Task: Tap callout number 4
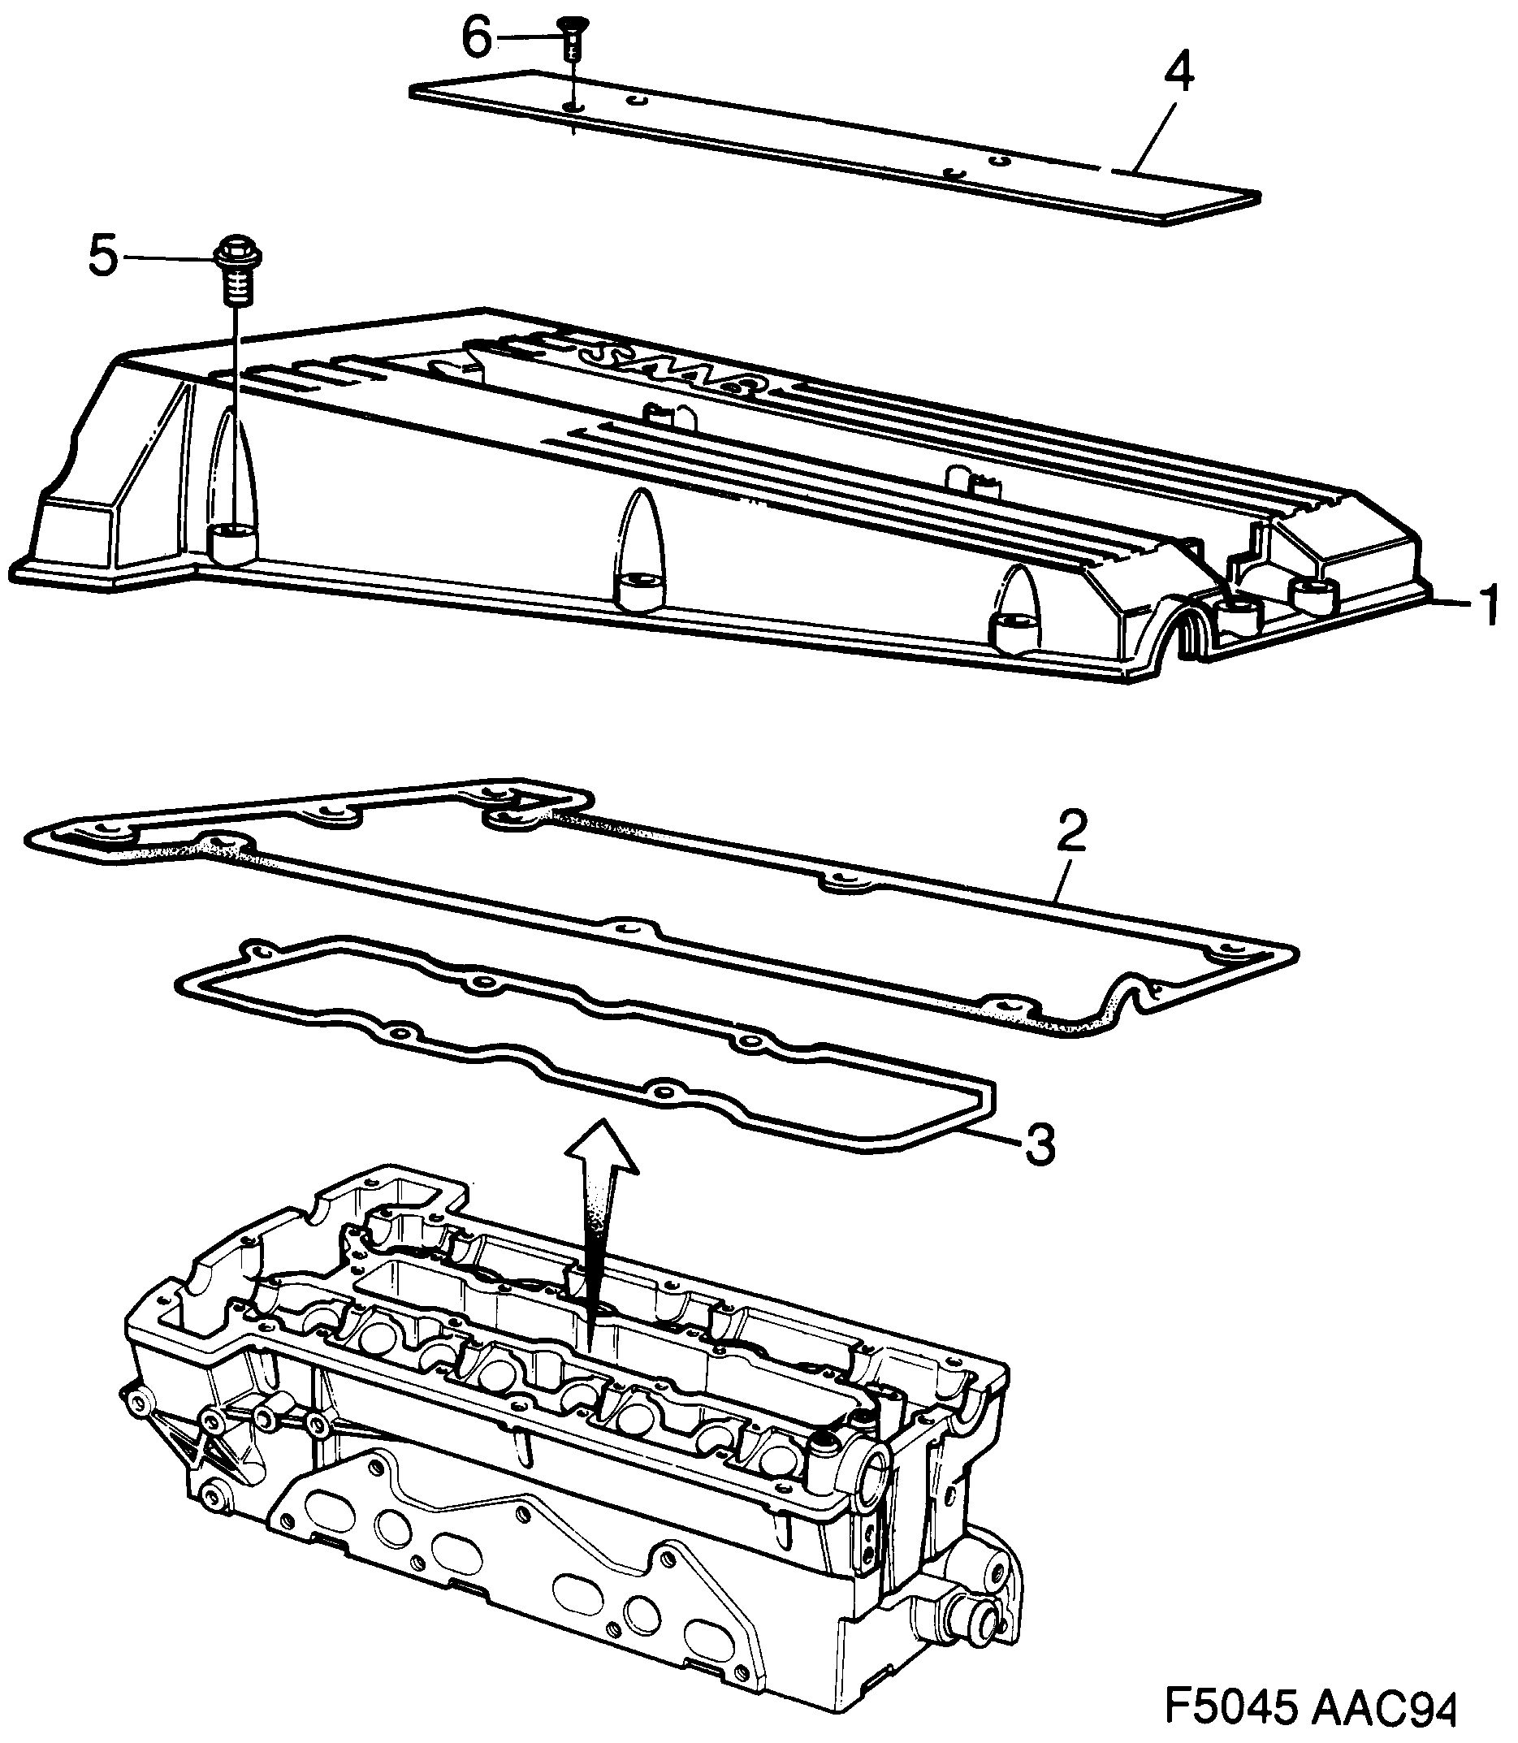pos(1179,74)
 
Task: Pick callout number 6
pos(476,38)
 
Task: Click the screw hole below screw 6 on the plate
pos(573,106)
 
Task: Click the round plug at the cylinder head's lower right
pos(984,1628)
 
